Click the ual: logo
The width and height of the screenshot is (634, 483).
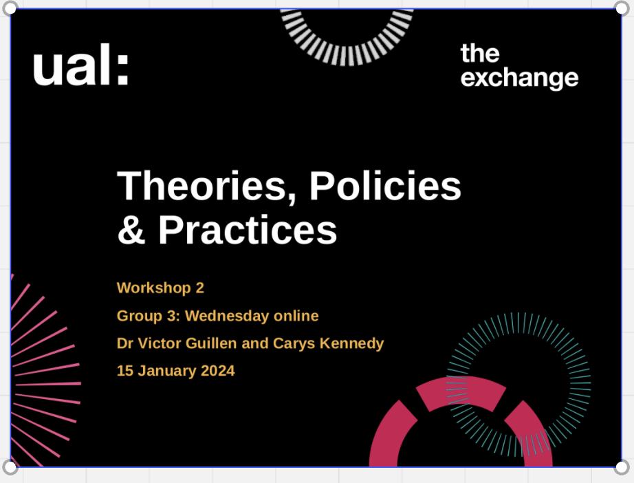81,65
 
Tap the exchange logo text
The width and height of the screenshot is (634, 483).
520,66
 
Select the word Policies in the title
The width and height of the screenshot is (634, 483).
385,185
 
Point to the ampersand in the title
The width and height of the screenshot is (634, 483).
131,229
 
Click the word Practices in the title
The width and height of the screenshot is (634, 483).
248,229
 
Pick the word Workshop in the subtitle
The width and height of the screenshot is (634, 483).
153,288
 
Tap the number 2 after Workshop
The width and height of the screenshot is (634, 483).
199,288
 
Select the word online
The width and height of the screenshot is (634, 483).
296,316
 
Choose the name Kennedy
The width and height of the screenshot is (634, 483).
352,343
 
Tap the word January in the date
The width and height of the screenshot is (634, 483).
167,371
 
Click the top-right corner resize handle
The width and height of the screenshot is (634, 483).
622,8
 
